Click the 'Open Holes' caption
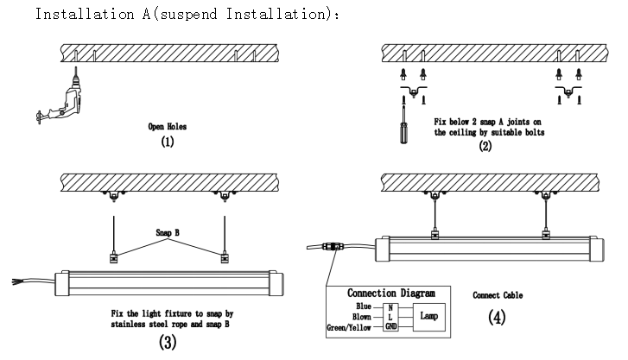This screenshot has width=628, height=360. coord(168,126)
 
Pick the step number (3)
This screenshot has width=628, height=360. coord(168,344)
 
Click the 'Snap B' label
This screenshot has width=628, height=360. coord(168,233)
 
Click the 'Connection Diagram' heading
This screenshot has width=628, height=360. coord(396,294)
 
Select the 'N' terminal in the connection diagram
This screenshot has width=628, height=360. coord(391,306)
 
